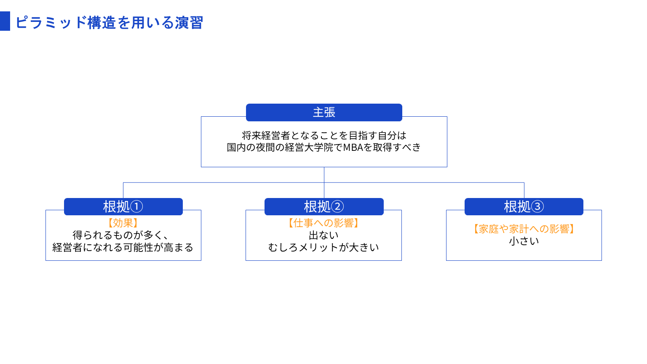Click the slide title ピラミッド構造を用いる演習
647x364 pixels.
pos(109,22)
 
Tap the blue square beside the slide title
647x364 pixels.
pos(5,21)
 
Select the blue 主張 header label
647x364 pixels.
pos(324,112)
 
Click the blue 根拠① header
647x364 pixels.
pos(123,206)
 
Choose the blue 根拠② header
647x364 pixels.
pos(324,206)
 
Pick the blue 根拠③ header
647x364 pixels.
pos(524,206)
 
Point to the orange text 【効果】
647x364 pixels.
pos(123,223)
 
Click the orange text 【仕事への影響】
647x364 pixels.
pos(323,223)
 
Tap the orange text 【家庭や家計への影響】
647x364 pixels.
pos(524,229)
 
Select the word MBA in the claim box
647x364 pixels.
pos(353,147)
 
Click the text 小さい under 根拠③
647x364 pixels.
pos(524,241)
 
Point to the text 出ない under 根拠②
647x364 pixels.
pos(323,235)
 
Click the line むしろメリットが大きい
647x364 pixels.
pos(323,247)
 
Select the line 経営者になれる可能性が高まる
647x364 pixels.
pos(123,247)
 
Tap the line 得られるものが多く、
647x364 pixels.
pos(120,235)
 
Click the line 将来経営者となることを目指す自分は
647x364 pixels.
pos(324,136)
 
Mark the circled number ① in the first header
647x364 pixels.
pos(136,206)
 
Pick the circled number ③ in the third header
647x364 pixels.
pos(537,206)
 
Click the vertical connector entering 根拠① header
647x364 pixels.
pos(123,190)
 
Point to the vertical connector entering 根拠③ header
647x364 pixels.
pos(524,190)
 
